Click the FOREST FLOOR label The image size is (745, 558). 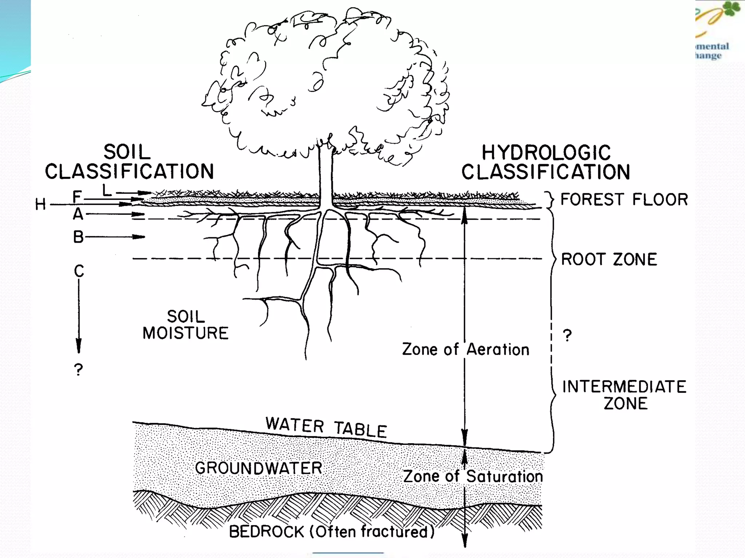point(624,199)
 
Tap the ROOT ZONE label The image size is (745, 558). point(609,259)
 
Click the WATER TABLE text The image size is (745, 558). point(326,427)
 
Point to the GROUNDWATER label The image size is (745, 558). point(259,468)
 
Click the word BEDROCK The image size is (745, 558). point(266,532)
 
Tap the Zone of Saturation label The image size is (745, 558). point(473,476)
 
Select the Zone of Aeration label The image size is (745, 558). point(465,349)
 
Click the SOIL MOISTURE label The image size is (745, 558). point(186,325)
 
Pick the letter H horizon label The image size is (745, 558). point(40,205)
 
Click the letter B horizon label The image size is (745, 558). point(78,237)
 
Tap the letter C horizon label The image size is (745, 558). point(79,271)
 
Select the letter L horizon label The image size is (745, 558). point(107,190)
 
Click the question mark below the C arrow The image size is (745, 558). point(78,370)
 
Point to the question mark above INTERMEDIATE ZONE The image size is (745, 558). point(567,335)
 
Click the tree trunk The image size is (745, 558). point(326,174)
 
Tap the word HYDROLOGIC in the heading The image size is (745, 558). point(546,153)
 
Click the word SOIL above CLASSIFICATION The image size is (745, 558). point(127,152)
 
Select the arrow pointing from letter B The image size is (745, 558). point(115,237)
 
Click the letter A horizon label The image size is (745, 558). point(78,214)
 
